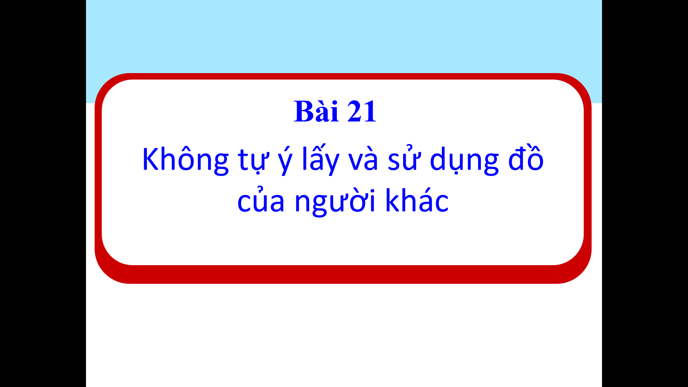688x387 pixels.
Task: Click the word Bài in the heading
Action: click(x=316, y=111)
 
